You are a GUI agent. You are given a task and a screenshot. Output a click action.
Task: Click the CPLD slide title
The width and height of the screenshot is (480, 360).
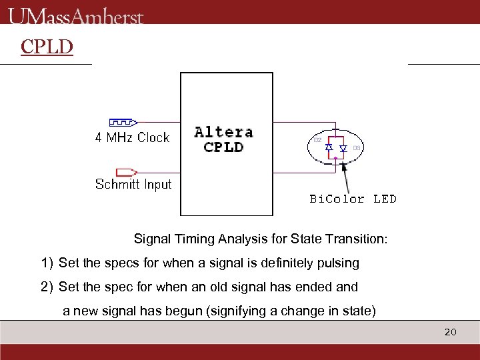click(x=47, y=47)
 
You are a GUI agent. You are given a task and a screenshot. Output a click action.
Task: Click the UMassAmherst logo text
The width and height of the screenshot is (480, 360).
click(x=76, y=15)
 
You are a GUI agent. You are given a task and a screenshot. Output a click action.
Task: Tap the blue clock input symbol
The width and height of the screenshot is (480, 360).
click(x=123, y=123)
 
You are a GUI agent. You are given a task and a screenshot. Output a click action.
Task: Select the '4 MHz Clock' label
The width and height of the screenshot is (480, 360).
click(x=132, y=138)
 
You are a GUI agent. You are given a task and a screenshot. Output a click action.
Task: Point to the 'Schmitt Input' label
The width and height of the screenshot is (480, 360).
click(x=133, y=185)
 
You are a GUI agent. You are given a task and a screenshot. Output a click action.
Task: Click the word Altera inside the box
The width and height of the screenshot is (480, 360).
click(x=223, y=132)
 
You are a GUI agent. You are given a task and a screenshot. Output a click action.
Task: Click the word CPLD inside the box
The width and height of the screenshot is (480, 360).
click(x=223, y=147)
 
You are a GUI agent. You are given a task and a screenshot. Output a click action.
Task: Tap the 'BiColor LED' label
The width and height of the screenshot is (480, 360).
click(x=353, y=199)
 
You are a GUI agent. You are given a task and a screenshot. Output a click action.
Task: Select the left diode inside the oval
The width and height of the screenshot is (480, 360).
click(x=329, y=148)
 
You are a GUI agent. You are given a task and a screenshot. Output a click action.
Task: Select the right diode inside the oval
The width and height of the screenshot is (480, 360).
click(x=343, y=148)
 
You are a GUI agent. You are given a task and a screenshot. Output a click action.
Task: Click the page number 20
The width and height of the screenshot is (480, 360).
click(x=450, y=331)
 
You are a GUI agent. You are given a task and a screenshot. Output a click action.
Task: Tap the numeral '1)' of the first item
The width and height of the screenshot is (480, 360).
click(x=47, y=263)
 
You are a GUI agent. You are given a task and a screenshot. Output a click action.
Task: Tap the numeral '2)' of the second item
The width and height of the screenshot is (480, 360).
click(x=47, y=287)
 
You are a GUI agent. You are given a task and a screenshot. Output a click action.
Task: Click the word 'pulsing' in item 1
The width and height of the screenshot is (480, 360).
click(x=339, y=263)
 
